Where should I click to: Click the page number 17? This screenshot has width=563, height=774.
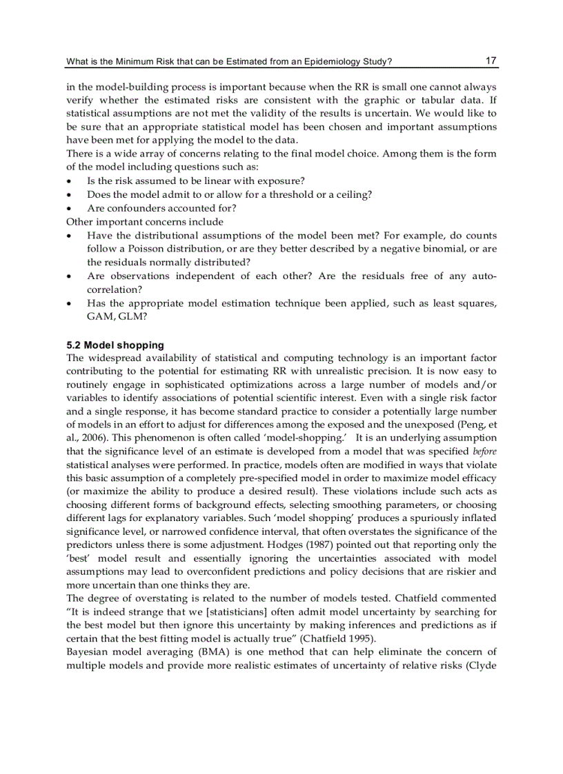coord(491,61)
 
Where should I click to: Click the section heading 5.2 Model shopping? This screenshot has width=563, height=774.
coord(115,345)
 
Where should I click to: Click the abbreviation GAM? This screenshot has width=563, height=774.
coord(100,316)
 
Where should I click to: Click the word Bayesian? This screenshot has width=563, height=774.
coord(86,651)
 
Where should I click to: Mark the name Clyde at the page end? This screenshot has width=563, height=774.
coord(483,664)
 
